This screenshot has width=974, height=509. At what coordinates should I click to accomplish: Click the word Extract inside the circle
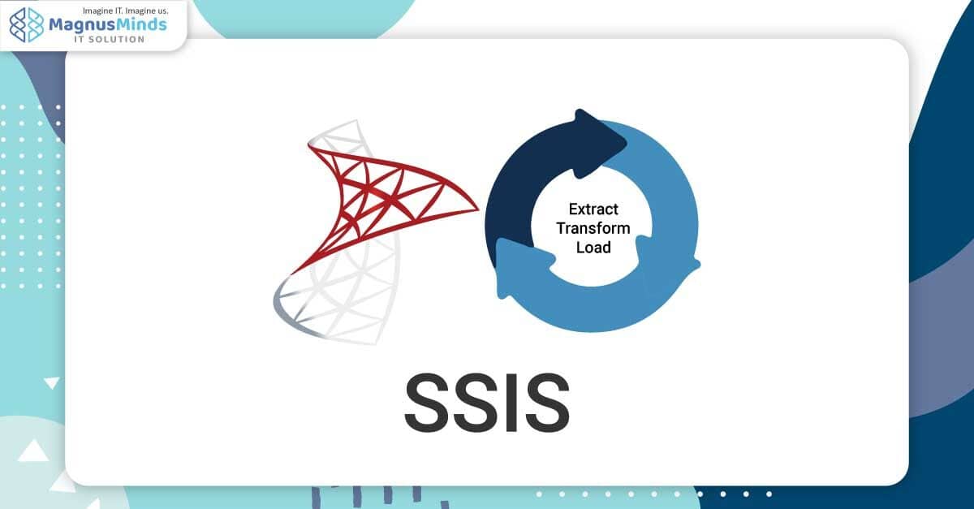[593, 209]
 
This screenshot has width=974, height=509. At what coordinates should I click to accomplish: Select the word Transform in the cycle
[593, 228]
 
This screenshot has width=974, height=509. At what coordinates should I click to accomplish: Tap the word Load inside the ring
[593, 247]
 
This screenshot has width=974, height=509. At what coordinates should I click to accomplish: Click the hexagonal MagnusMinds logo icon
[27, 25]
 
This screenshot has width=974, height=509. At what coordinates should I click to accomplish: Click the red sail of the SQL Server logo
[373, 191]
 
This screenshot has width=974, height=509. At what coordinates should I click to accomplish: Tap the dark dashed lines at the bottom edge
[357, 495]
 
